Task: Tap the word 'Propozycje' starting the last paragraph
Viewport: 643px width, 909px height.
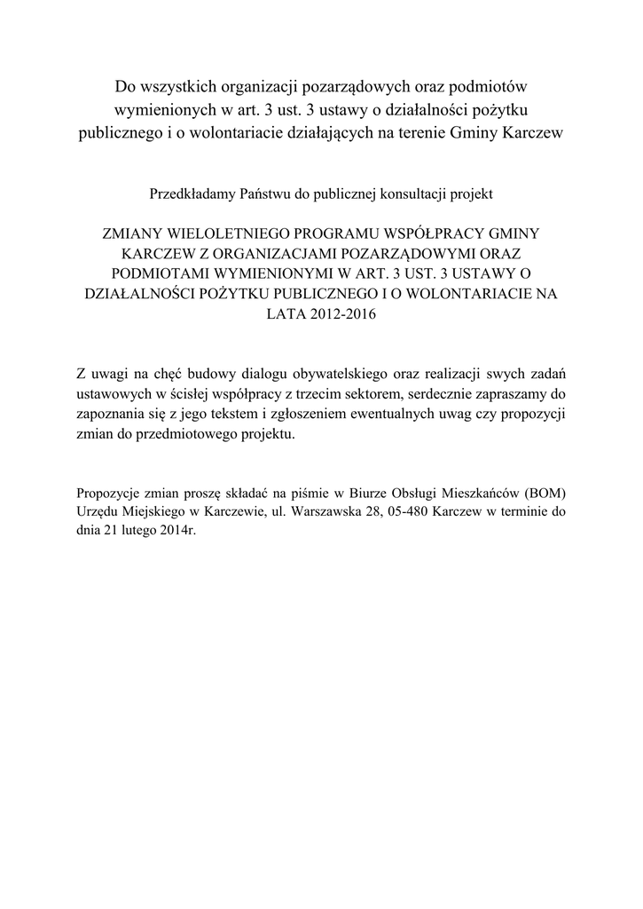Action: pos(109,494)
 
